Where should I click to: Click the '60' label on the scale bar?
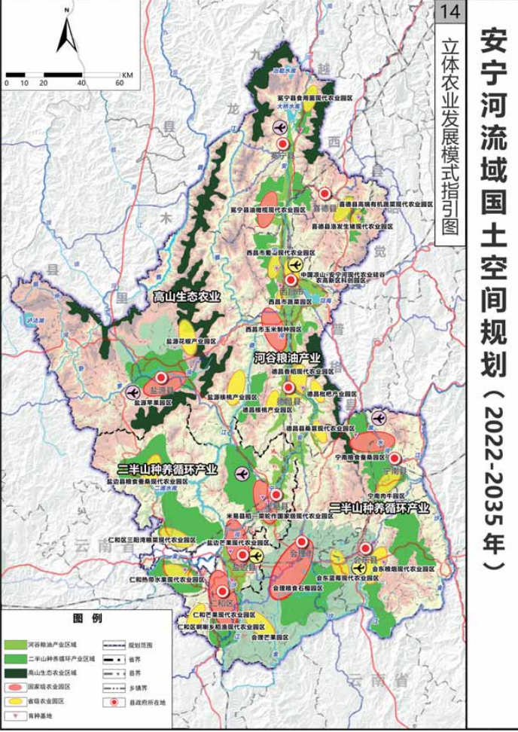click(120, 83)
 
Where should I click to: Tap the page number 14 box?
click(451, 13)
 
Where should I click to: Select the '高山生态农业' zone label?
click(187, 297)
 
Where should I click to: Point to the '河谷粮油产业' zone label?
click(288, 358)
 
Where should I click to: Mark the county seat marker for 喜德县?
click(325, 194)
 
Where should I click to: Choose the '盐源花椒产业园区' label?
click(191, 341)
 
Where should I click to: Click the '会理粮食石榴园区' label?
click(297, 584)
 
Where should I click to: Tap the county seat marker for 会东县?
click(366, 548)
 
